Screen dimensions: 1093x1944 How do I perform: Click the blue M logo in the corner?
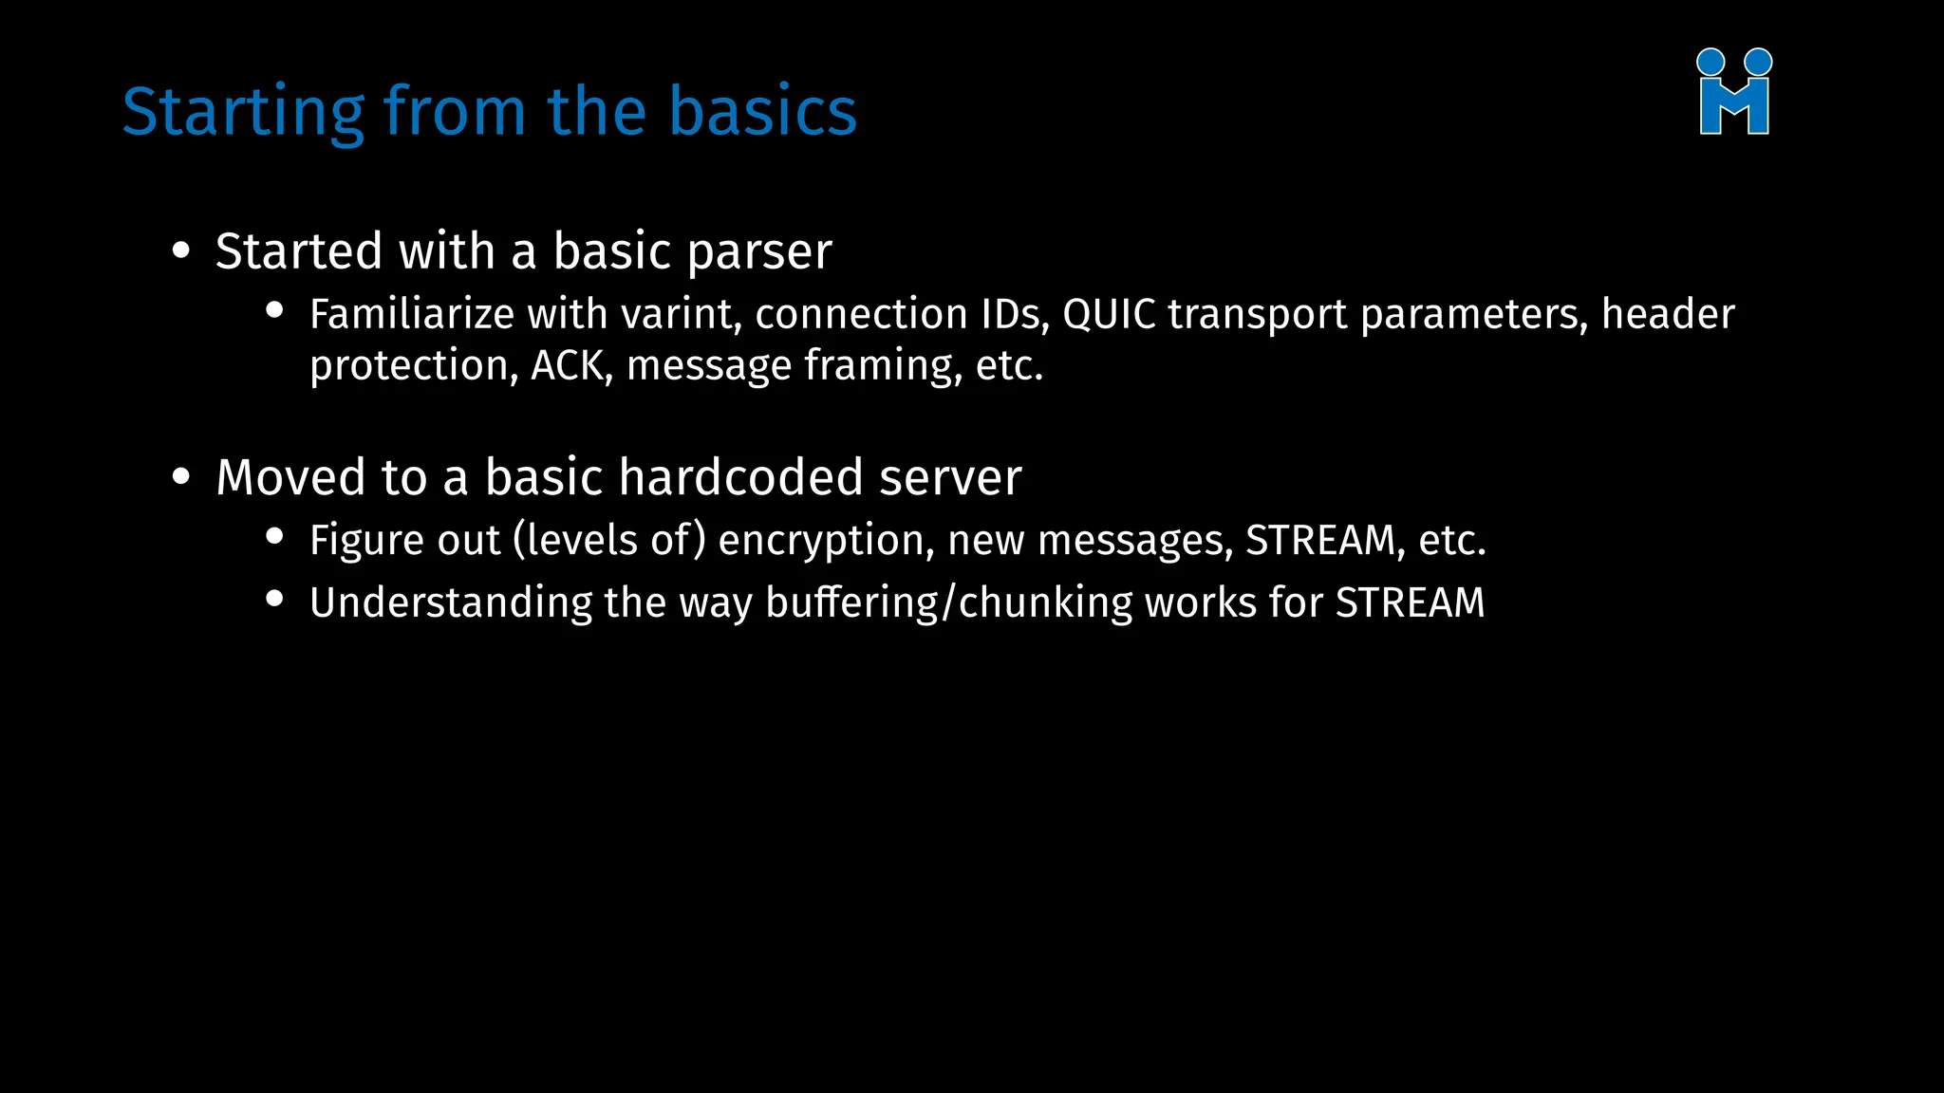pyautogui.click(x=1733, y=93)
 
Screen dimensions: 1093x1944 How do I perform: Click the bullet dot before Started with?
pyautogui.click(x=181, y=251)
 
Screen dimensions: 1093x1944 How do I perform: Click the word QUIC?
pyautogui.click(x=1109, y=315)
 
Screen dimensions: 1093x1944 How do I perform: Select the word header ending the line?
pyautogui.click(x=1668, y=315)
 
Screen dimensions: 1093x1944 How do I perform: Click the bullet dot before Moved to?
pyautogui.click(x=181, y=477)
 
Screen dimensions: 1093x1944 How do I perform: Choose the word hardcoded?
pyautogui.click(x=740, y=477)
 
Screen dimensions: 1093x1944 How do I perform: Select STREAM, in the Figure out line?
pyautogui.click(x=1325, y=541)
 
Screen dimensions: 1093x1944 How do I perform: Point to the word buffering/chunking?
pyautogui.click(x=949, y=603)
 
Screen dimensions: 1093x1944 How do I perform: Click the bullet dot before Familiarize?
pyautogui.click(x=275, y=310)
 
